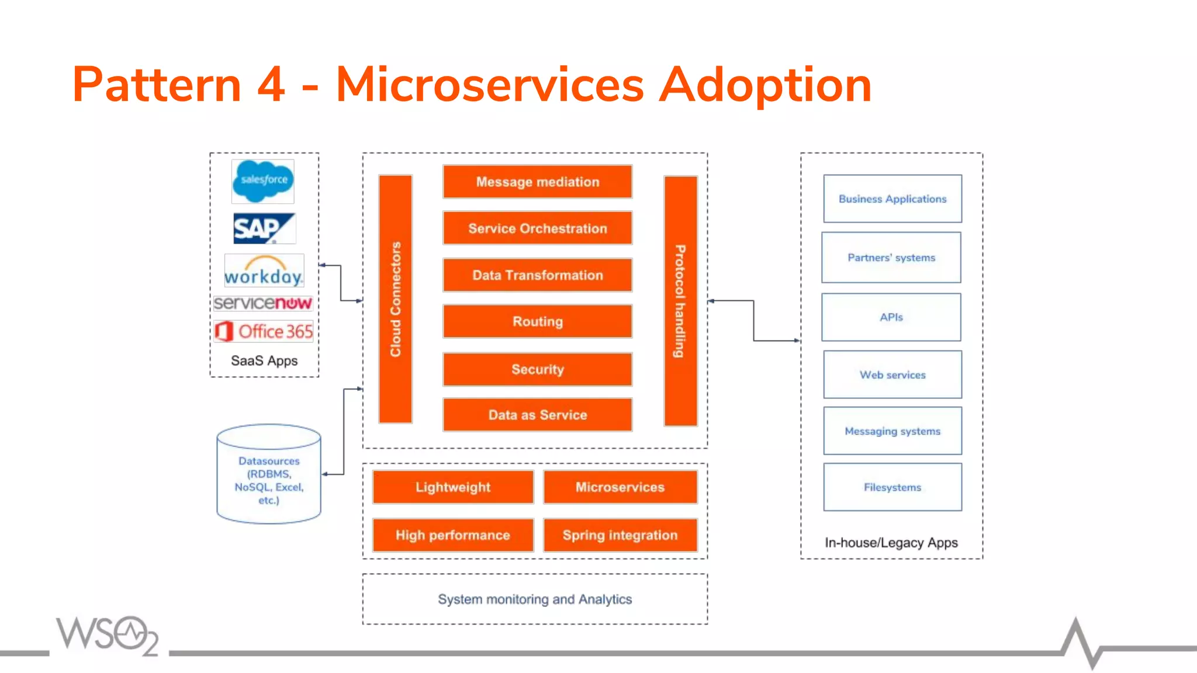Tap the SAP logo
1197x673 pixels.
point(264,228)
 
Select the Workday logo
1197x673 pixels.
point(264,271)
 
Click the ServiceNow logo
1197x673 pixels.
point(263,303)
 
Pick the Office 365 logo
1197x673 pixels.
point(264,331)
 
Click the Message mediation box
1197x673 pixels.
point(537,182)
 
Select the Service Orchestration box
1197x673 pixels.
point(537,228)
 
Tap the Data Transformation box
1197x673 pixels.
point(537,275)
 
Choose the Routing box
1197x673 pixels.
point(537,321)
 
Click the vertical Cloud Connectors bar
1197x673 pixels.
point(396,299)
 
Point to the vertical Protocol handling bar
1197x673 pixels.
point(680,301)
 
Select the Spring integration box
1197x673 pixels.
point(620,535)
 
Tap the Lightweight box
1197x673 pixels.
point(453,487)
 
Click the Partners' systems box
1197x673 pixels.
point(891,258)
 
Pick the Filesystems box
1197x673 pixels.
point(892,487)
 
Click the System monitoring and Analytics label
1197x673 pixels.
point(535,599)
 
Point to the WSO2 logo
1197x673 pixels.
point(108,636)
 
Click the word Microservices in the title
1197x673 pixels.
point(490,85)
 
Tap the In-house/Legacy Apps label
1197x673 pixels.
point(891,543)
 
